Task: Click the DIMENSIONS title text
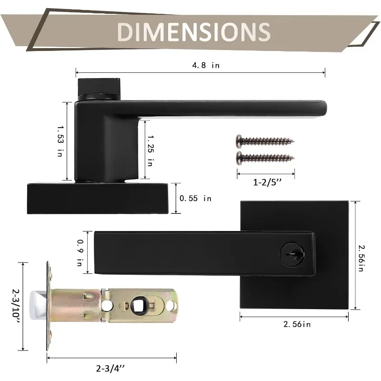tap(194, 31)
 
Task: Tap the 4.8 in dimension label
tap(206, 65)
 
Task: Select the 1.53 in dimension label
tap(60, 141)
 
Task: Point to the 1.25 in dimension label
tap(150, 150)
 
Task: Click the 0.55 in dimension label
tap(195, 198)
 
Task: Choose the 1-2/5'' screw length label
tap(267, 182)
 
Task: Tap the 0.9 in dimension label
tap(80, 253)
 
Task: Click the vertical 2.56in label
tap(361, 258)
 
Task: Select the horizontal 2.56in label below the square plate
tap(297, 324)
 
